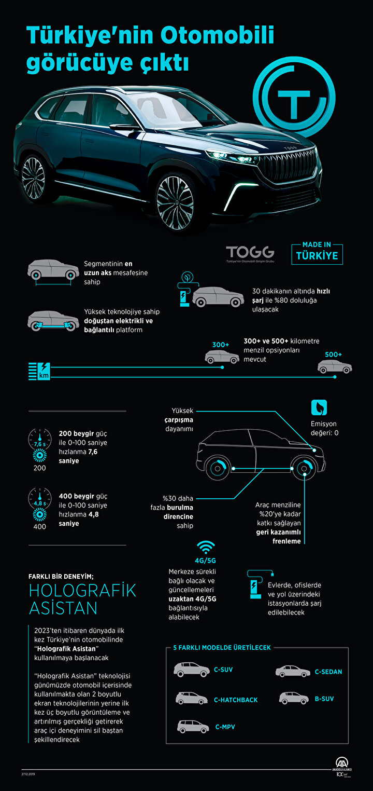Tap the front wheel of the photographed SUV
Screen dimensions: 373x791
175,202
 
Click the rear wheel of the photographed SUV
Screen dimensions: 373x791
34,179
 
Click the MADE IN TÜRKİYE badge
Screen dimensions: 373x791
317,253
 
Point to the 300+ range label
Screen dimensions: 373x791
221,345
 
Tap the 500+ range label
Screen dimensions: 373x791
334,354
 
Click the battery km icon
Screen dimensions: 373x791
39,371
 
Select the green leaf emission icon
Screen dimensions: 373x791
319,407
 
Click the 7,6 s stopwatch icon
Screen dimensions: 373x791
40,439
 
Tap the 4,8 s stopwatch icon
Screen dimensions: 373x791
40,499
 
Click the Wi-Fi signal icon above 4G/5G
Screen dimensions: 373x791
206,548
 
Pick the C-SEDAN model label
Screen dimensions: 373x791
328,672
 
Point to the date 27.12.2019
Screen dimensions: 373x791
28,774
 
